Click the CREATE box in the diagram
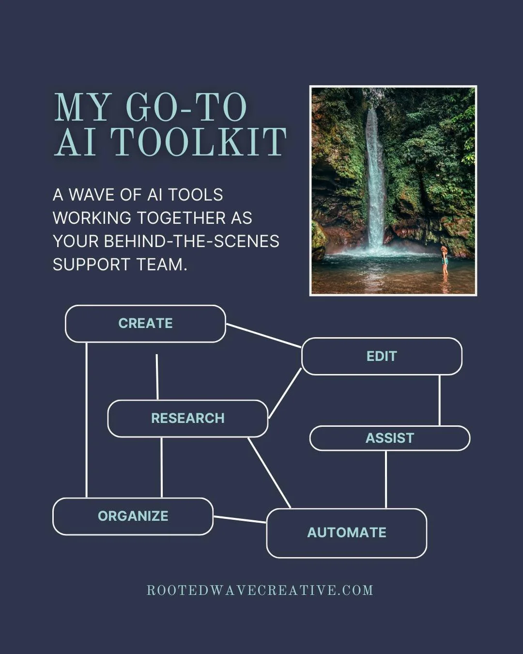145,324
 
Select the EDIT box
382,357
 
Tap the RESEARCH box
187,418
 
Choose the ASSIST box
389,438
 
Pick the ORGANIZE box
133,516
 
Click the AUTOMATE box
346,533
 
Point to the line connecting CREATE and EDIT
263,336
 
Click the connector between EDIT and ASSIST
439,400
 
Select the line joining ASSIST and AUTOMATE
385,480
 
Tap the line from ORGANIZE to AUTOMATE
240,520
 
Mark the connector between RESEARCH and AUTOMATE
269,473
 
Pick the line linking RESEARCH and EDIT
285,393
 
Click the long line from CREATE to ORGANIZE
86,420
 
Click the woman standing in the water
444,260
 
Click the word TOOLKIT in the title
199,142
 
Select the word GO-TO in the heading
186,107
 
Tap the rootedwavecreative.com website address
260,591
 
